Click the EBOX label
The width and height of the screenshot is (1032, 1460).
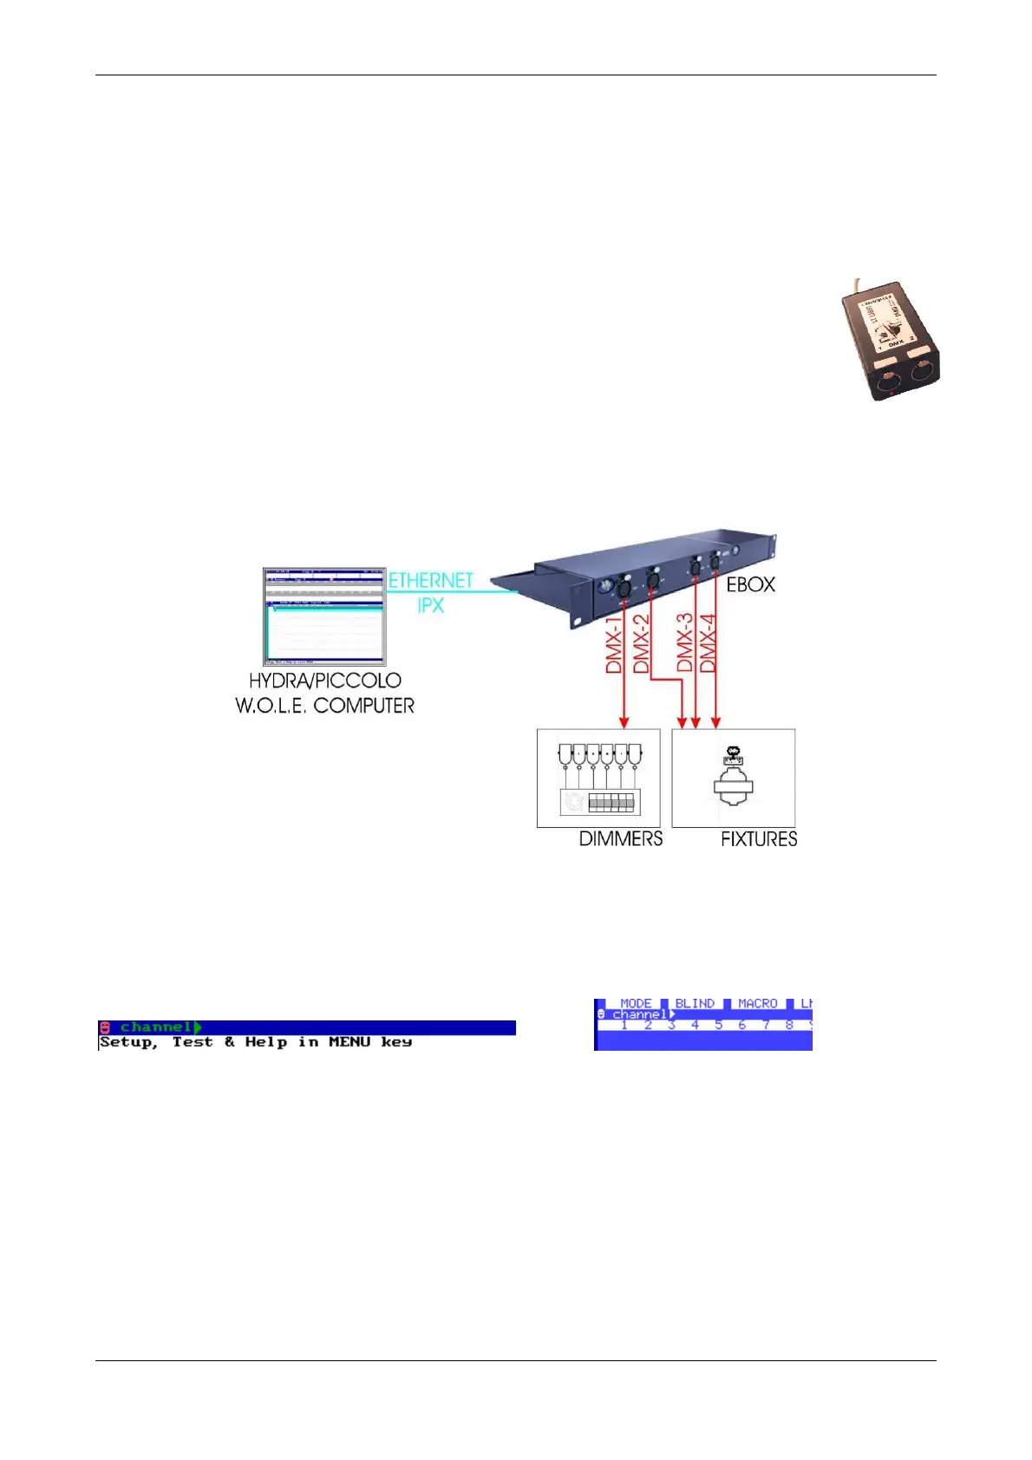[750, 584]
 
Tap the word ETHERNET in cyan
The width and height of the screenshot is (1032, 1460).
[430, 580]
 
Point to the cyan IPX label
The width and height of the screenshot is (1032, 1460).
[430, 605]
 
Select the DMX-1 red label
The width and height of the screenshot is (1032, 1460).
[614, 645]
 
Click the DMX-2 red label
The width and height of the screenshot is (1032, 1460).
[641, 642]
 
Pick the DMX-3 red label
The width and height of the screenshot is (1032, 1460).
[685, 642]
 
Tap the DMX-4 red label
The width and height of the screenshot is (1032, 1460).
[709, 642]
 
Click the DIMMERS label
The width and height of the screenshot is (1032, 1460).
[620, 838]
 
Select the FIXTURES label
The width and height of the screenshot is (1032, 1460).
[759, 838]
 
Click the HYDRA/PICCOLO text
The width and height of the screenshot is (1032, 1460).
[324, 681]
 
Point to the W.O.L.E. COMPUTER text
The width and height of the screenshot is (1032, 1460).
[324, 706]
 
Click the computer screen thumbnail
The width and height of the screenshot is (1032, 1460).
[324, 616]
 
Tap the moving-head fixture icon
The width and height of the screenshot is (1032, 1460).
[733, 779]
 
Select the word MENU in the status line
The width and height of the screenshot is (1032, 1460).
[349, 1042]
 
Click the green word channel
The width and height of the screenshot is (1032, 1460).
[155, 1027]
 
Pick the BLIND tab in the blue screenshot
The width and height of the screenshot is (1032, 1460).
[695, 1003]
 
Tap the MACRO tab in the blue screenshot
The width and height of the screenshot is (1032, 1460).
[757, 1003]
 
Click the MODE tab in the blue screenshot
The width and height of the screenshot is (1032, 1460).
[636, 1003]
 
